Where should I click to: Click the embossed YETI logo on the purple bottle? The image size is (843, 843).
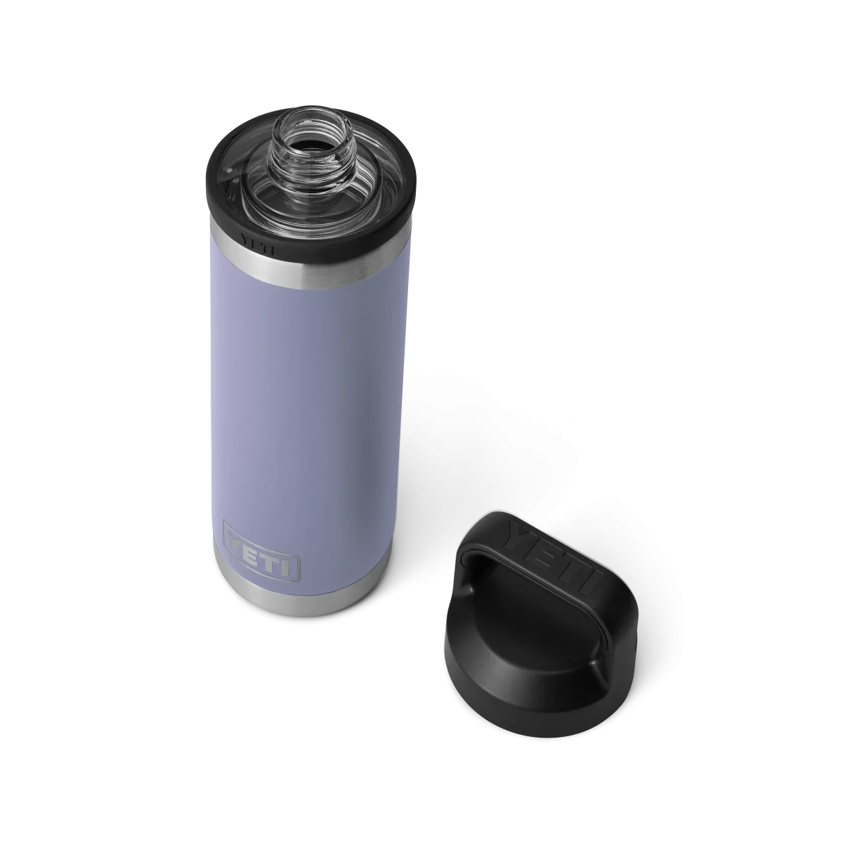coord(261,549)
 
